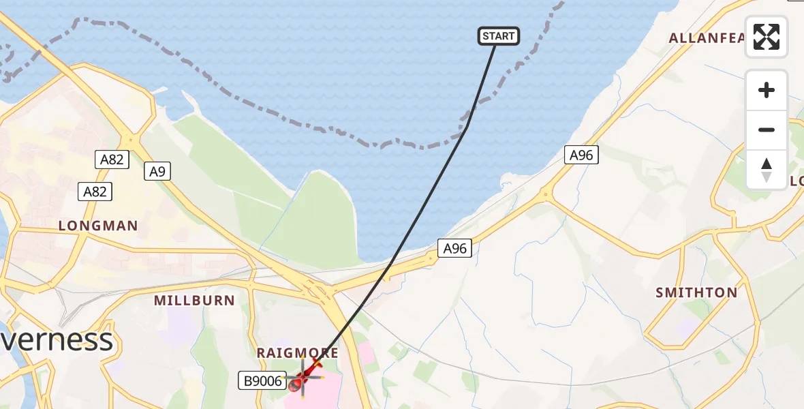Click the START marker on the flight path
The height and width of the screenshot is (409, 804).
click(499, 36)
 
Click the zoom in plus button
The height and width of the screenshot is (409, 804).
click(767, 90)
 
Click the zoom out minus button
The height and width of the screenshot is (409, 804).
click(767, 130)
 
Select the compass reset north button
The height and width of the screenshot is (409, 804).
click(767, 169)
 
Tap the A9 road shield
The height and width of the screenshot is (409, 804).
click(157, 172)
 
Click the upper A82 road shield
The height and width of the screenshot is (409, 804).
click(112, 160)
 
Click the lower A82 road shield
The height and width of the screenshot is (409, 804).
click(95, 192)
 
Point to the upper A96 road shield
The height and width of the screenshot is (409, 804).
click(581, 155)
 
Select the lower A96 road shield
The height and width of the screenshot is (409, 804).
click(454, 249)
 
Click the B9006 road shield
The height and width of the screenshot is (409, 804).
click(262, 381)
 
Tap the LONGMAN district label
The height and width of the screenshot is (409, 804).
click(98, 226)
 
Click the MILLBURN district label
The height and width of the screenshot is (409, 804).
click(194, 301)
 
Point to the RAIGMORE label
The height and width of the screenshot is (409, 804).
click(297, 353)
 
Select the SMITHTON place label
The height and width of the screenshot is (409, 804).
click(696, 293)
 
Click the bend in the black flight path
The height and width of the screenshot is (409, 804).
click(467, 125)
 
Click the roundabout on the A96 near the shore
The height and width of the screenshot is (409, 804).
click(545, 196)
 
